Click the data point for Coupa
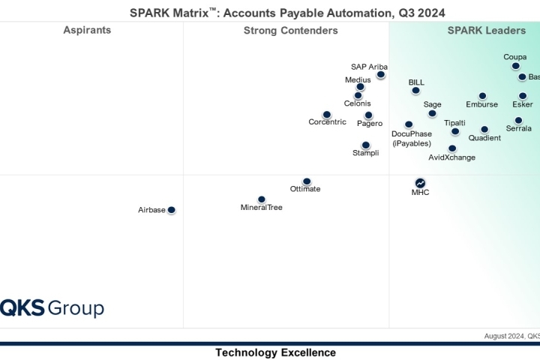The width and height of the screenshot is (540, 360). [516, 66]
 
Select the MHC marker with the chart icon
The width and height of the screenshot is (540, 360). [420, 182]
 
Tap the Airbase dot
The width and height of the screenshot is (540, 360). [171, 210]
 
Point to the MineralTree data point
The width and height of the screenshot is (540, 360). [261, 199]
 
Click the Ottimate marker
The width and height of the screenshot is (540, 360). [306, 181]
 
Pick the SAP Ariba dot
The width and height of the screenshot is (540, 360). [381, 74]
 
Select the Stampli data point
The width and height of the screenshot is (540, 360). [365, 145]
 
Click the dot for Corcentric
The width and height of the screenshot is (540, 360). [326, 115]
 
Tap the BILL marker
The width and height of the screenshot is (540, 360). [415, 90]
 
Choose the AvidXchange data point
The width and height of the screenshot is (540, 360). [452, 148]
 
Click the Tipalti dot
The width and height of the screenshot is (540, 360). [455, 131]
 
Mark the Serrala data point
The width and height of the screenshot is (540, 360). [518, 120]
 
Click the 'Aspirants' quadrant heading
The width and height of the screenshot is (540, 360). [87, 31]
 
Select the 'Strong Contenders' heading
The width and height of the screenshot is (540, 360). [290, 31]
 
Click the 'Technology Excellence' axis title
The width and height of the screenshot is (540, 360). [275, 352]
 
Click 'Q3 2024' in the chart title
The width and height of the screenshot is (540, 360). [418, 12]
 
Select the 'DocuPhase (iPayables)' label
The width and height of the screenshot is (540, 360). [412, 138]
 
